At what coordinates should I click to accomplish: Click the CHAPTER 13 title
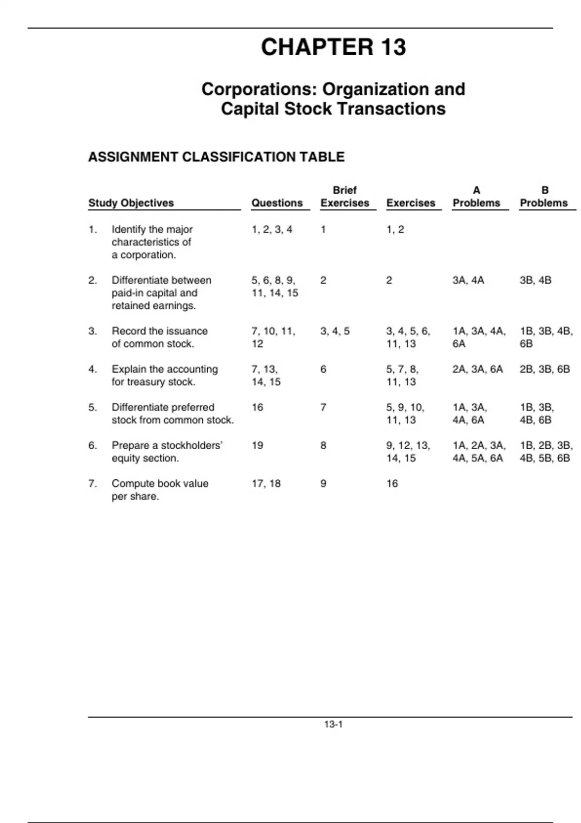(x=333, y=47)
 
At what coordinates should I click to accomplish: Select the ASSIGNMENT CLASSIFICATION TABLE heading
(x=216, y=157)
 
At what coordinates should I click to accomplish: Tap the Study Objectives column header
(x=131, y=203)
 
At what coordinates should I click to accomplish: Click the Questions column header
(x=277, y=203)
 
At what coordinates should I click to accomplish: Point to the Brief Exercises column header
(x=345, y=197)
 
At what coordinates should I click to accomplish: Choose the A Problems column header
(x=476, y=197)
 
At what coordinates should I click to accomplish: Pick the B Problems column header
(x=544, y=197)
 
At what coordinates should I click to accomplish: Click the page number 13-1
(x=334, y=724)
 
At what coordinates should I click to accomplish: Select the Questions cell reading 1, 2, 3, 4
(x=272, y=229)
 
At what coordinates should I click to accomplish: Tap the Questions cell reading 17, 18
(x=266, y=483)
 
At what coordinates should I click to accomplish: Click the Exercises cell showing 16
(x=392, y=483)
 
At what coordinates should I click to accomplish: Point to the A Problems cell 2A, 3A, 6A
(x=477, y=369)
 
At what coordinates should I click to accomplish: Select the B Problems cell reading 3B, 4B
(x=535, y=280)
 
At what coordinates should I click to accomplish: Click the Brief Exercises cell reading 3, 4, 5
(x=335, y=331)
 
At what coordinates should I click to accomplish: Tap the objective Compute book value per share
(x=160, y=489)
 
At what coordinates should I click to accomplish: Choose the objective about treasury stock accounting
(x=165, y=375)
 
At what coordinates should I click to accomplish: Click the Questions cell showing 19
(x=258, y=445)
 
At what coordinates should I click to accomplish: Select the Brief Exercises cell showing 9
(x=323, y=483)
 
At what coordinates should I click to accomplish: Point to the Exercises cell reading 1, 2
(x=395, y=229)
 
